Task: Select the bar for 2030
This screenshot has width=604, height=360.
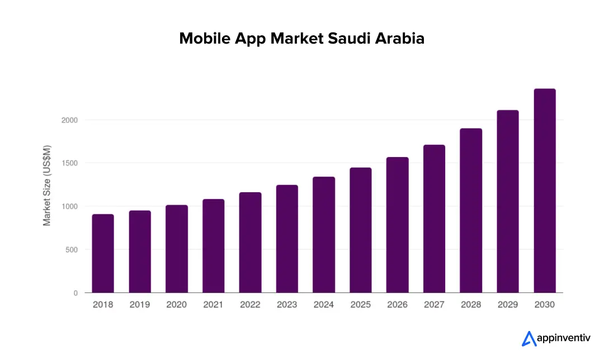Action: coord(545,191)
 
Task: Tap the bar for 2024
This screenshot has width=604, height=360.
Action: coord(324,235)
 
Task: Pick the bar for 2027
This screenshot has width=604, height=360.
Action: coord(434,219)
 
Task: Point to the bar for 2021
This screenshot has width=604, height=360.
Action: coord(213,246)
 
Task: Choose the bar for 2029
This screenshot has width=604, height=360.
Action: coord(508,201)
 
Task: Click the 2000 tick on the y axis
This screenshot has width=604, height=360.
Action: coord(70,120)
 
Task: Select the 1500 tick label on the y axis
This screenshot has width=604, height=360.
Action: coord(70,163)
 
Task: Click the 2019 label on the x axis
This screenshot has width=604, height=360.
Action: coord(140,305)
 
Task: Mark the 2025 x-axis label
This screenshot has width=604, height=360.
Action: coord(361,305)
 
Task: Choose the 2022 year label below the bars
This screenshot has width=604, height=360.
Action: coord(250,305)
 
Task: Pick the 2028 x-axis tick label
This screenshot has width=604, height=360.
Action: coord(471,305)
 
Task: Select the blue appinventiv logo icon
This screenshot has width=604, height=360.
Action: coord(528,339)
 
